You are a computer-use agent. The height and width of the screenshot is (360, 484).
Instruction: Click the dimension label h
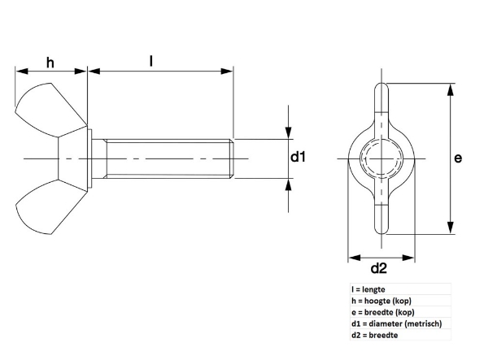point(50,63)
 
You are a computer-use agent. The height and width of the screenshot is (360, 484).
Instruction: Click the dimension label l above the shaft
point(151,61)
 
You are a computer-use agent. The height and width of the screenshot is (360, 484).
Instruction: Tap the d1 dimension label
point(298,157)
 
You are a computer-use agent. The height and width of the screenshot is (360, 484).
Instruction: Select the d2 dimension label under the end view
point(379,268)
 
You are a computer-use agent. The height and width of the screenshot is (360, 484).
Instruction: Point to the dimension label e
point(458,158)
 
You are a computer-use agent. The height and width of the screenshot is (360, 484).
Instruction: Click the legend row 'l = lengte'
point(368,289)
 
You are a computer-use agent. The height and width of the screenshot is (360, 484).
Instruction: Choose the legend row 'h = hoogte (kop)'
point(382,301)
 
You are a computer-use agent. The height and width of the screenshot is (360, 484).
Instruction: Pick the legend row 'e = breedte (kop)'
point(383,312)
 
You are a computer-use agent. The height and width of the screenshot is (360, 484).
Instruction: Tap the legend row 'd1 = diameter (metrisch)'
point(397,323)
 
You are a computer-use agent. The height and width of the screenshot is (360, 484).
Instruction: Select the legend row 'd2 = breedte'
point(374,335)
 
